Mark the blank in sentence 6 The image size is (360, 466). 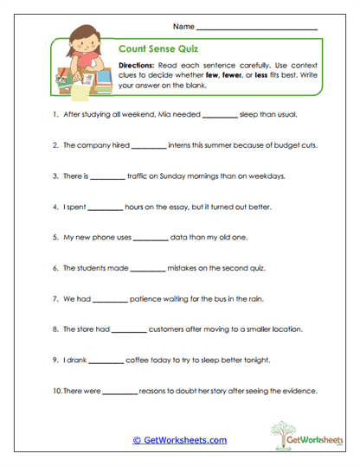coord(145,269)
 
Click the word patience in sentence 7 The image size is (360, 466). coord(150,299)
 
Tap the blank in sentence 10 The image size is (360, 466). coord(120,392)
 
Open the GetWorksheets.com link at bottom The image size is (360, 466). coord(179,440)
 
